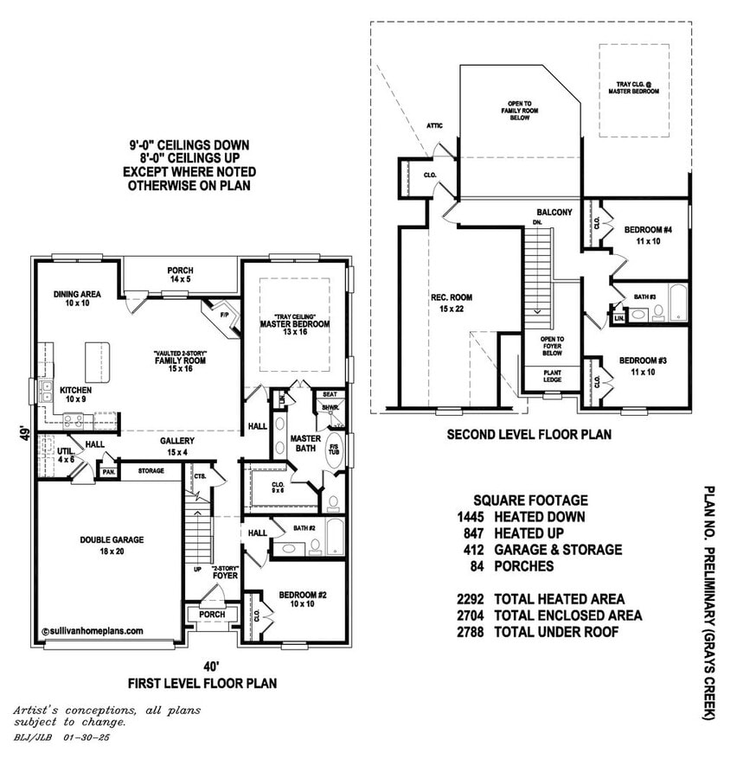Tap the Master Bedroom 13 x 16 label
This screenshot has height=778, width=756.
click(x=295, y=321)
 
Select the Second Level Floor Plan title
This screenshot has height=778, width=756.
click(x=529, y=435)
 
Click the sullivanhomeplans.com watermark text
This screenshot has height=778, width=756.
click(x=93, y=632)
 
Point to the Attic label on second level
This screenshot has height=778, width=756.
click(x=434, y=126)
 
